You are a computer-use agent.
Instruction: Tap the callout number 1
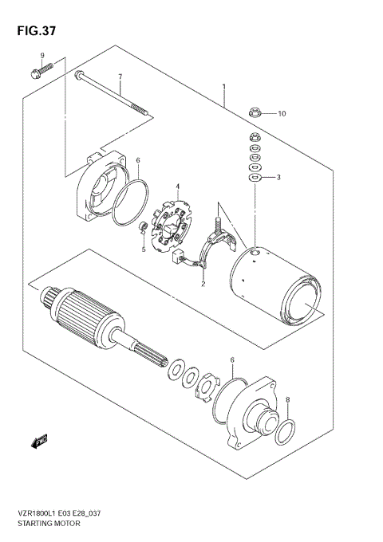[224, 87]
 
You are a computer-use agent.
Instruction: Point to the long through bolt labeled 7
[112, 96]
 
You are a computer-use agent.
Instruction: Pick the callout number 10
[281, 114]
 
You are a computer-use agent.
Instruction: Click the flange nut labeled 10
[255, 115]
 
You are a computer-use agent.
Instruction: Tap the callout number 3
[278, 177]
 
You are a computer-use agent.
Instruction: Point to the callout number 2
[203, 283]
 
